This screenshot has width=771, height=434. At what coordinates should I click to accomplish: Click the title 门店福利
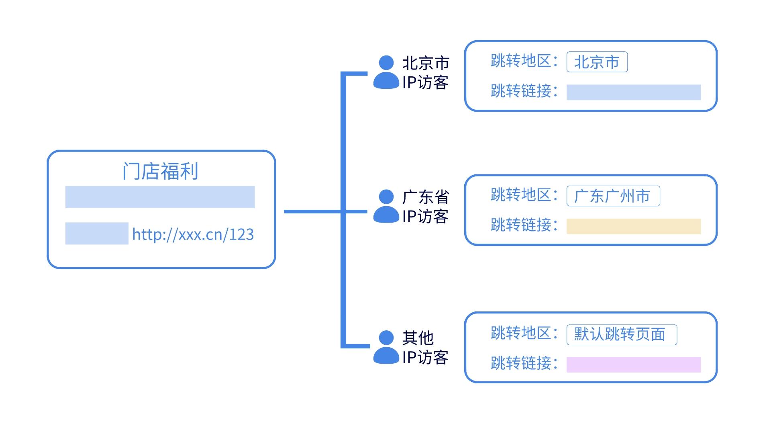pyautogui.click(x=160, y=172)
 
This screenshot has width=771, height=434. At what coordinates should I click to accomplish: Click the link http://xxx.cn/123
pyautogui.click(x=193, y=234)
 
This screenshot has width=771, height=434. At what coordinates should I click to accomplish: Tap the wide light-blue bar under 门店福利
pyautogui.click(x=160, y=197)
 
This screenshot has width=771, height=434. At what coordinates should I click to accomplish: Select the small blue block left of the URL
pyautogui.click(x=97, y=233)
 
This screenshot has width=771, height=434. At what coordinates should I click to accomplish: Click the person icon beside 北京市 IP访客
pyautogui.click(x=386, y=73)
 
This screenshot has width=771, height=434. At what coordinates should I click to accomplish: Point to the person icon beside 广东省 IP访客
pyautogui.click(x=386, y=207)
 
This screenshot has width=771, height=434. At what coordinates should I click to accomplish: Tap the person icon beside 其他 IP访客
pyautogui.click(x=386, y=348)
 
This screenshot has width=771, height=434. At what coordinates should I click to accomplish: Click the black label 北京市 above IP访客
pyautogui.click(x=426, y=63)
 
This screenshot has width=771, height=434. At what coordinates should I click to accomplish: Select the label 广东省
pyautogui.click(x=426, y=197)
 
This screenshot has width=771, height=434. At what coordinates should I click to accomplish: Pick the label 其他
pyautogui.click(x=418, y=338)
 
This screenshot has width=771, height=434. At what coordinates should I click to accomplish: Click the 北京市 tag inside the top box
pyautogui.click(x=597, y=62)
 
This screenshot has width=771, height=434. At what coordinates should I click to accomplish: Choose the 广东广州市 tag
pyautogui.click(x=613, y=196)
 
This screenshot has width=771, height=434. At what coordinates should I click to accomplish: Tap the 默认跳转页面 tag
pyautogui.click(x=621, y=334)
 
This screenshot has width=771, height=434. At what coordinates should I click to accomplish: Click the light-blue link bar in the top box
pyautogui.click(x=633, y=92)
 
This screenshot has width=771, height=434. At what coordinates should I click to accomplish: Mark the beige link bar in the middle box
pyautogui.click(x=633, y=226)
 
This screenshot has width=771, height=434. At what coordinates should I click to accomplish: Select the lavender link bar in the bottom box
pyautogui.click(x=633, y=364)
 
